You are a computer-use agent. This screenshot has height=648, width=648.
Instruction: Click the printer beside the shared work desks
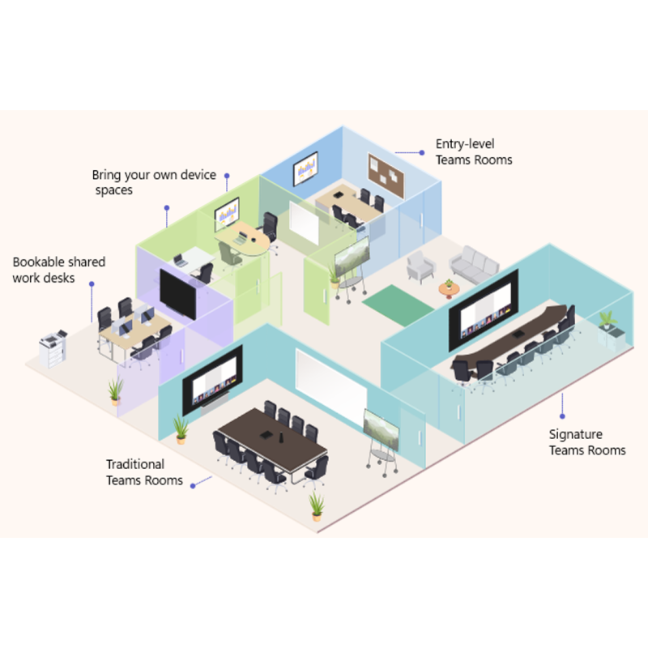click(x=53, y=348)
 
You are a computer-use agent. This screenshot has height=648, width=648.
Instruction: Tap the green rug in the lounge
click(x=398, y=305)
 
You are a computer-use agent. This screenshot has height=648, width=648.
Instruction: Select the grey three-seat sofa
click(x=474, y=265)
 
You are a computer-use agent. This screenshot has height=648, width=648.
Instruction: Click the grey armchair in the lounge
click(x=420, y=266)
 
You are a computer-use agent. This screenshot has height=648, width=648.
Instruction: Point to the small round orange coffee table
click(x=449, y=289)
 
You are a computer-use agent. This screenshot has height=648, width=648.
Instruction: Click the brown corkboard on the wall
click(x=386, y=175)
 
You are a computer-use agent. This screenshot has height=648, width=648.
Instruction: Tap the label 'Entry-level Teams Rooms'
click(x=474, y=151)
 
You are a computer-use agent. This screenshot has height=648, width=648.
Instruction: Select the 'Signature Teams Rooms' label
click(x=586, y=441)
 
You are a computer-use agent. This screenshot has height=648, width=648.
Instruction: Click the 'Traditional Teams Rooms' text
click(x=144, y=472)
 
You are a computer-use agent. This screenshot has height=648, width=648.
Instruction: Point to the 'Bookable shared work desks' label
click(x=58, y=270)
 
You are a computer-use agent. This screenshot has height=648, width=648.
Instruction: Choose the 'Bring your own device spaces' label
click(x=154, y=181)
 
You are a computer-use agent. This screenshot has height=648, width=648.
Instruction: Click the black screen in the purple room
click(x=177, y=294)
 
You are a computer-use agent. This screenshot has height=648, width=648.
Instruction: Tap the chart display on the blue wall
click(x=305, y=168)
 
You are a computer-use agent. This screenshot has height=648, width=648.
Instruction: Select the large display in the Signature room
click(x=484, y=309)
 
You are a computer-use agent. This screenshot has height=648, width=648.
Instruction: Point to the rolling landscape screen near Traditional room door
click(x=381, y=430)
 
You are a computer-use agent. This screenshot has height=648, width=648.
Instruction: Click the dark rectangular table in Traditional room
click(x=273, y=439)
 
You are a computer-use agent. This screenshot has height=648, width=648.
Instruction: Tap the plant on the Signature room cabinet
click(x=607, y=319)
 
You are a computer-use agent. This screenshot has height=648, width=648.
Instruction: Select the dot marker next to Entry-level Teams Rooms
click(x=421, y=152)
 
